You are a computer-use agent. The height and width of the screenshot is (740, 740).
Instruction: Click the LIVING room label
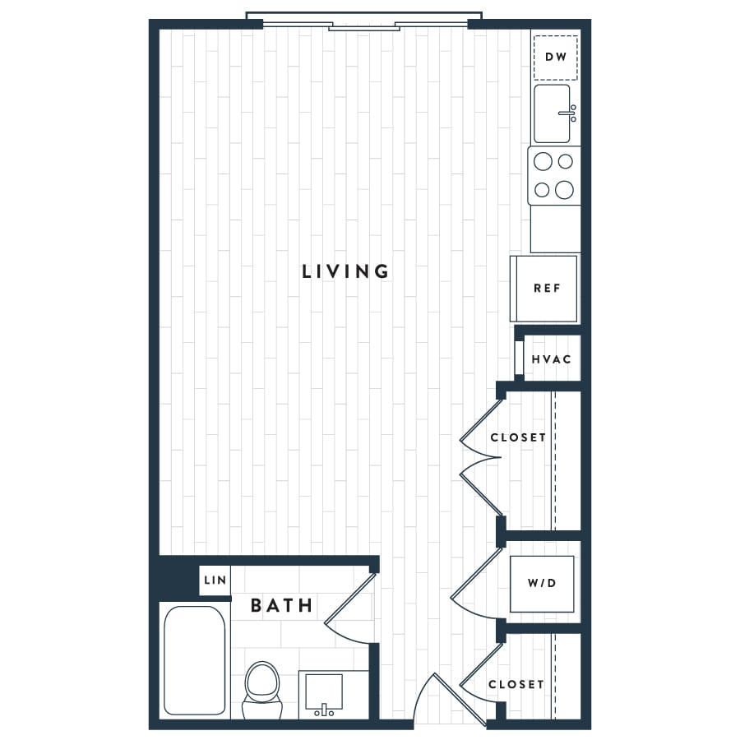[345, 271]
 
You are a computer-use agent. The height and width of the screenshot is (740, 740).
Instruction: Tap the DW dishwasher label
[556, 57]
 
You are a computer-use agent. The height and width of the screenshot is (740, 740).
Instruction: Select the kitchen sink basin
[552, 113]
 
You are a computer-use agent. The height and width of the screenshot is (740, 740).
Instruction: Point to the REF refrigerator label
[547, 288]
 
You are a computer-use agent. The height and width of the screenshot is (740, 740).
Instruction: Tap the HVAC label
[551, 359]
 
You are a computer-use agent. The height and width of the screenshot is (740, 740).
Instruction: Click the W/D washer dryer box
[542, 584]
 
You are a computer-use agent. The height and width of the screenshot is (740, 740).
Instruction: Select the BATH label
[282, 605]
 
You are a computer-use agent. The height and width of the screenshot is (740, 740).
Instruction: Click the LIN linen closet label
[215, 580]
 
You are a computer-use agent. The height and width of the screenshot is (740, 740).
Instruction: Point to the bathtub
[194, 661]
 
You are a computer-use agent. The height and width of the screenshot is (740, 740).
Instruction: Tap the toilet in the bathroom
[262, 690]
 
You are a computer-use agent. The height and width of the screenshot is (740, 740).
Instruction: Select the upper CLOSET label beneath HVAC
[518, 438]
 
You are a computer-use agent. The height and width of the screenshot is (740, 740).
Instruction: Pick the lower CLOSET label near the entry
[516, 684]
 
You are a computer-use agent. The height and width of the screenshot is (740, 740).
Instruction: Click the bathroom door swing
[350, 608]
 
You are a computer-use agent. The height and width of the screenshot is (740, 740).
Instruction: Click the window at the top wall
[364, 22]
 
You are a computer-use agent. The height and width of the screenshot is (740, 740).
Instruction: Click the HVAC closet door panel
[519, 358]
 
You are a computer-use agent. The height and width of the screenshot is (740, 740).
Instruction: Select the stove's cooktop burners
[553, 176]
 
